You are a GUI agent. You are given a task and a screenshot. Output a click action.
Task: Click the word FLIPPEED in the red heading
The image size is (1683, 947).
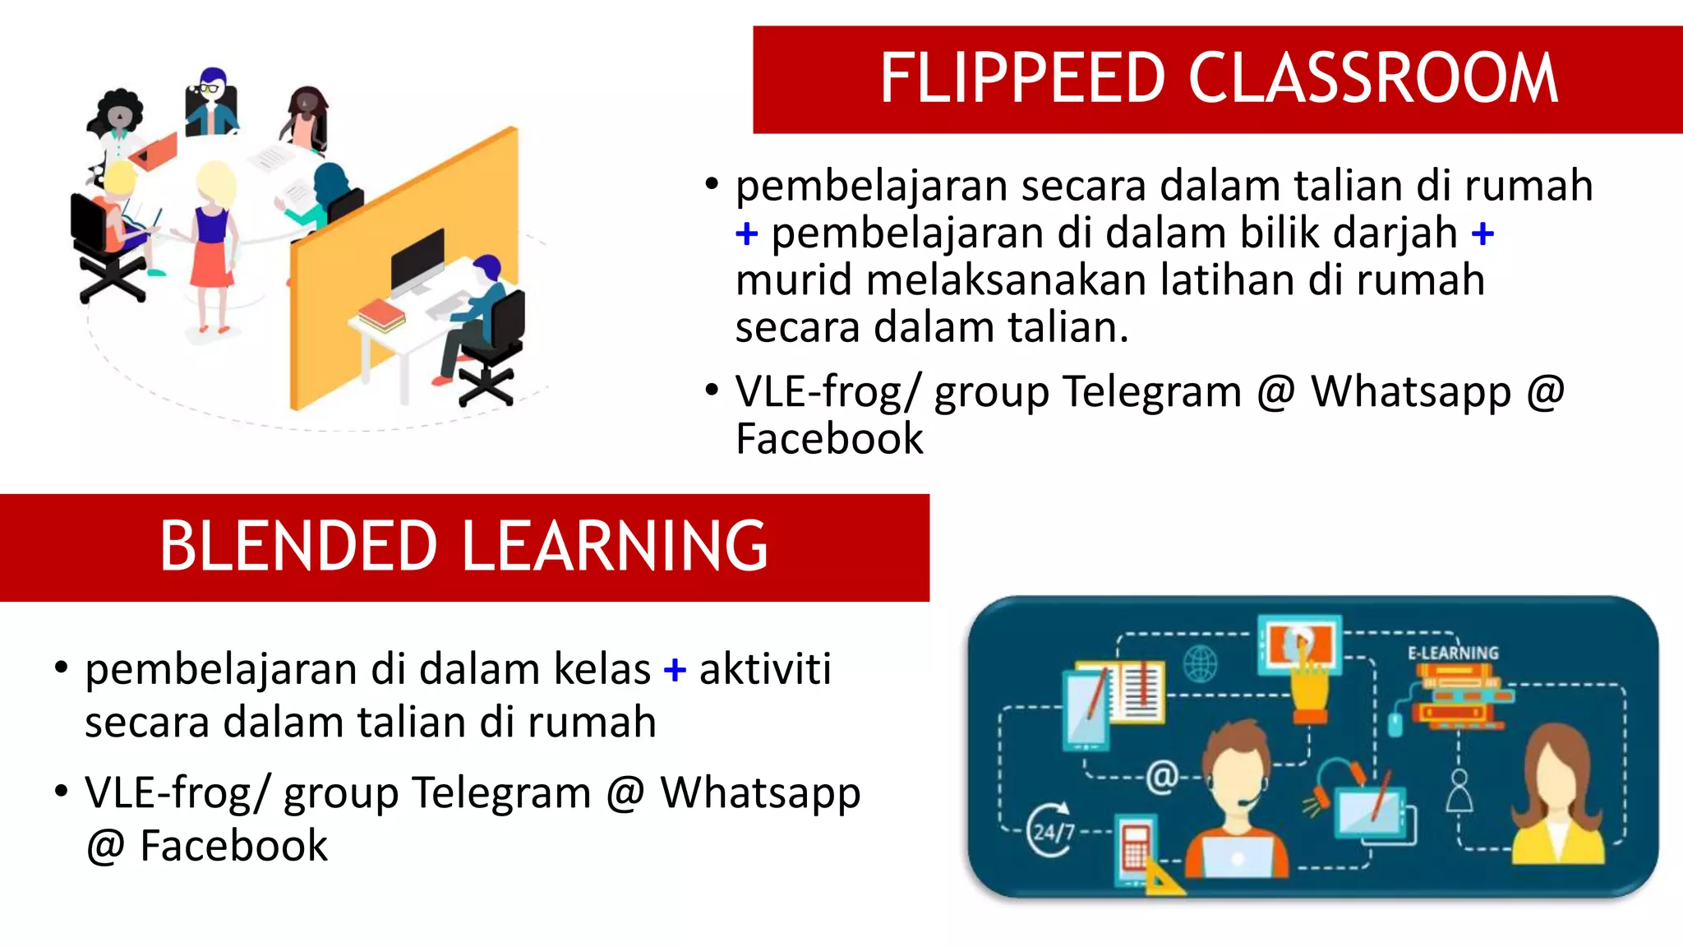(x=1022, y=79)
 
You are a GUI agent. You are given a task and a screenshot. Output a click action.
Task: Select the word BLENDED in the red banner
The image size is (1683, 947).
(x=298, y=546)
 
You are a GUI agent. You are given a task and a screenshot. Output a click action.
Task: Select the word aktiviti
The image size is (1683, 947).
(x=764, y=669)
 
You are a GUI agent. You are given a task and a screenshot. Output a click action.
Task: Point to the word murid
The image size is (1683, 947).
(x=793, y=279)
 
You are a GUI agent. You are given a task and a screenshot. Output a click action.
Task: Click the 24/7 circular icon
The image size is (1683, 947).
(x=1051, y=829)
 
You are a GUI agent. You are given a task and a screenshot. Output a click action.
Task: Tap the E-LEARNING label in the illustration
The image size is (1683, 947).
(x=1453, y=653)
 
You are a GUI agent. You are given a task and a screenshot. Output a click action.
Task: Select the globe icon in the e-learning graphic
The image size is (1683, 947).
(x=1200, y=663)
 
